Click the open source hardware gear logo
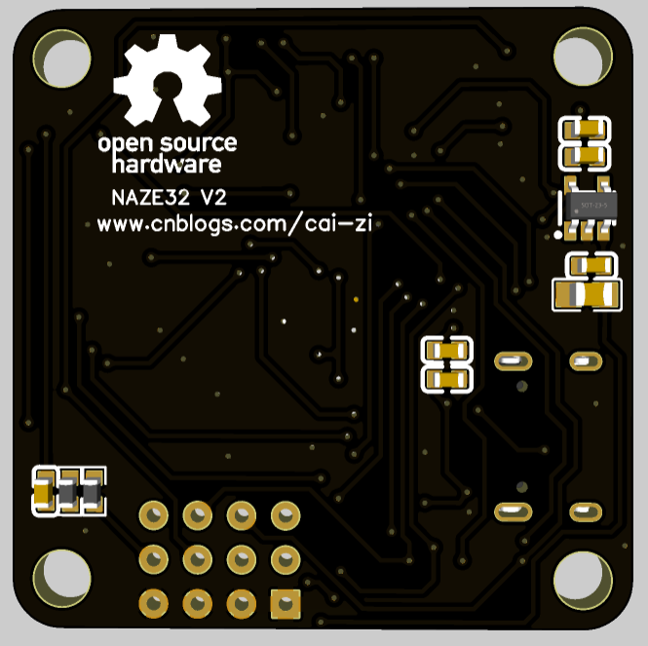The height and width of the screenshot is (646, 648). [167, 80]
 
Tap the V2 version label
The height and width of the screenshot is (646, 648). [212, 198]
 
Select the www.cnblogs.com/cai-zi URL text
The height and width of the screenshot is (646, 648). [235, 223]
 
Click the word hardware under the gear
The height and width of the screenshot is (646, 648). [167, 164]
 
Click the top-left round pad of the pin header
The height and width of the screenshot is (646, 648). [153, 513]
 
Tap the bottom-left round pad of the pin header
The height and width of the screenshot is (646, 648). [153, 603]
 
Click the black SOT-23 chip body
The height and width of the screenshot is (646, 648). [589, 206]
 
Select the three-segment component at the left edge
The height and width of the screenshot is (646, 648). [68, 491]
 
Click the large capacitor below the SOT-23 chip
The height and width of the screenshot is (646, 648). [587, 293]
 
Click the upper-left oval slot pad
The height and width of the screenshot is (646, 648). [513, 361]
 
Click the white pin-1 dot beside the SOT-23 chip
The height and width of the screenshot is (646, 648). [558, 234]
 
